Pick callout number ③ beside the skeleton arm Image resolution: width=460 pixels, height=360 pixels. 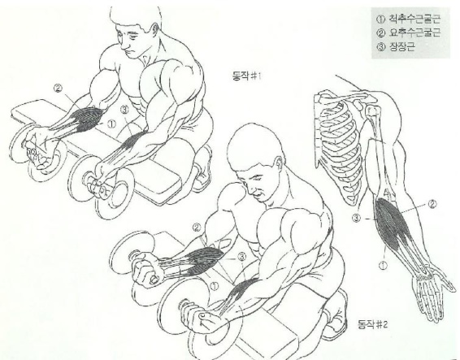pyautogui.click(x=356, y=218)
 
